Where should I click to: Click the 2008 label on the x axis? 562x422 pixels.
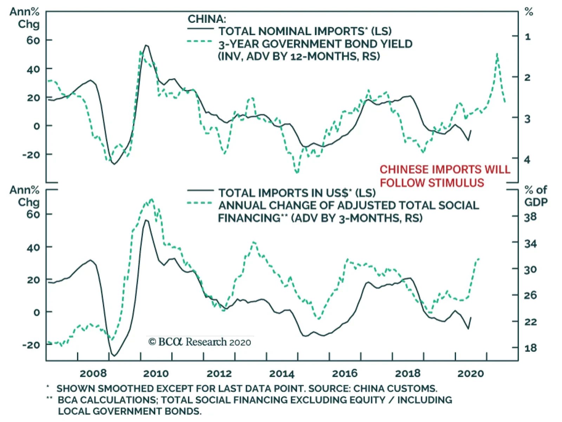pyautogui.click(x=93, y=373)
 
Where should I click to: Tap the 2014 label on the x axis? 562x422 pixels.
pyautogui.click(x=282, y=373)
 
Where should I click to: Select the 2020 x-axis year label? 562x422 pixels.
pyautogui.click(x=470, y=373)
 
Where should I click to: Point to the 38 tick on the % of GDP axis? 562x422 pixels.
pyautogui.click(x=530, y=217)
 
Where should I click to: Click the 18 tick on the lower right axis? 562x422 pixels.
pyautogui.click(x=530, y=348)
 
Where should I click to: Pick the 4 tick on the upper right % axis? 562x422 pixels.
pyautogui.click(x=527, y=159)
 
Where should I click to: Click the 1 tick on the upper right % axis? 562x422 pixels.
pyautogui.click(x=528, y=37)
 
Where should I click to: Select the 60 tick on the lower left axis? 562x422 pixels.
pyautogui.click(x=33, y=214)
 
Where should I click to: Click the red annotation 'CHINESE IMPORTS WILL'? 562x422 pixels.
pyautogui.click(x=445, y=170)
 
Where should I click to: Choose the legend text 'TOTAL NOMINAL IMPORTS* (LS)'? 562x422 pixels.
pyautogui.click(x=305, y=31)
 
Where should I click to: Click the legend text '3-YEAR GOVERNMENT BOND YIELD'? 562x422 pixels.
pyautogui.click(x=315, y=44)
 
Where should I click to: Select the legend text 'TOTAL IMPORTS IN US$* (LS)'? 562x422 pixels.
pyautogui.click(x=297, y=193)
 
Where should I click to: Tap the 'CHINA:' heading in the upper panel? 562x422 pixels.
pyautogui.click(x=207, y=19)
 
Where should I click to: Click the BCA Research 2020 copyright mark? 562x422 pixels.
pyautogui.click(x=200, y=342)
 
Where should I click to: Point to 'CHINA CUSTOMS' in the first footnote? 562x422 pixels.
pyautogui.click(x=395, y=389)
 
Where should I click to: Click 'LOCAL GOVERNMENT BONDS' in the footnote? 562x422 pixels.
pyautogui.click(x=130, y=411)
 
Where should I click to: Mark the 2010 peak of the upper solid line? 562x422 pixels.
pyautogui.click(x=146, y=45)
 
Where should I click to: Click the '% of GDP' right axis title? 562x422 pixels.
pyautogui.click(x=536, y=196)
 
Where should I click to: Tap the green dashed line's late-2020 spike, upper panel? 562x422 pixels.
pyautogui.click(x=497, y=54)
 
